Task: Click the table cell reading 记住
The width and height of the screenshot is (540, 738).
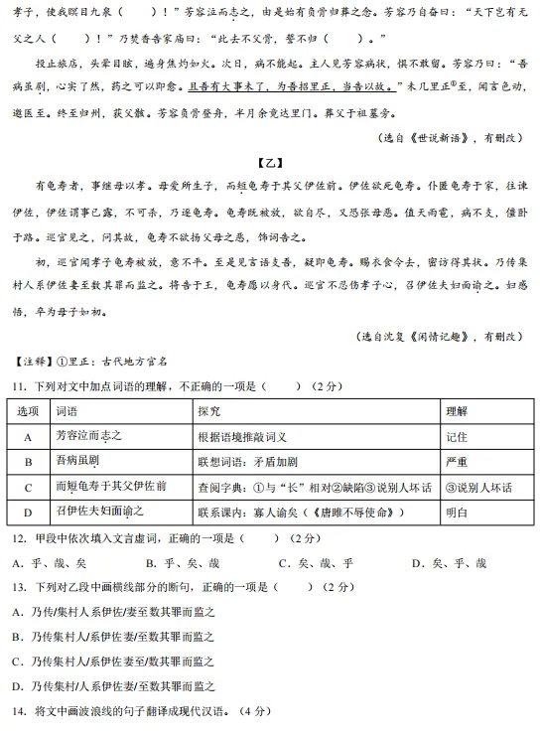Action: (457, 436)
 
